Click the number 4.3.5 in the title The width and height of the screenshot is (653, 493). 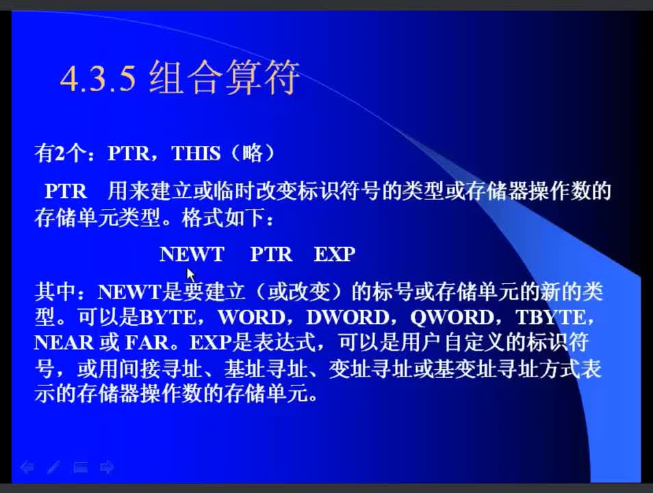(x=99, y=78)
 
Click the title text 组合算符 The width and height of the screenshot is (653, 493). (x=224, y=77)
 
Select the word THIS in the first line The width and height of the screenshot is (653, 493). (x=196, y=153)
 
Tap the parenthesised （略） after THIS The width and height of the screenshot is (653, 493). (x=253, y=153)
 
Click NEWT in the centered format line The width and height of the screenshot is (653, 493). (x=192, y=254)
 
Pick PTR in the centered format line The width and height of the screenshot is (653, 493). (x=271, y=254)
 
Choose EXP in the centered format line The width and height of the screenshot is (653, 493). (x=335, y=254)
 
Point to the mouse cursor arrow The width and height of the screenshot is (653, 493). (x=191, y=276)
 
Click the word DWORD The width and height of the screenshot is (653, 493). (x=348, y=318)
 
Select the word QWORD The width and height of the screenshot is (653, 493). (x=452, y=318)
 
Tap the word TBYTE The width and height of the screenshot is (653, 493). (x=550, y=318)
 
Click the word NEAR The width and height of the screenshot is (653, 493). (x=64, y=343)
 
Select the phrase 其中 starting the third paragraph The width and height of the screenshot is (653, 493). (x=55, y=292)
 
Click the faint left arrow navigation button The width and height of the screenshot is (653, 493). (x=27, y=468)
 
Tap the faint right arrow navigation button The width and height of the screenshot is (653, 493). (x=107, y=468)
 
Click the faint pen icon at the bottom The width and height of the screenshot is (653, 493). (x=53, y=468)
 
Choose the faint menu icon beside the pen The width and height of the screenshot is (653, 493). (x=81, y=468)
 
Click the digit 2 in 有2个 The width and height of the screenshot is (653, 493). (x=60, y=153)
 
